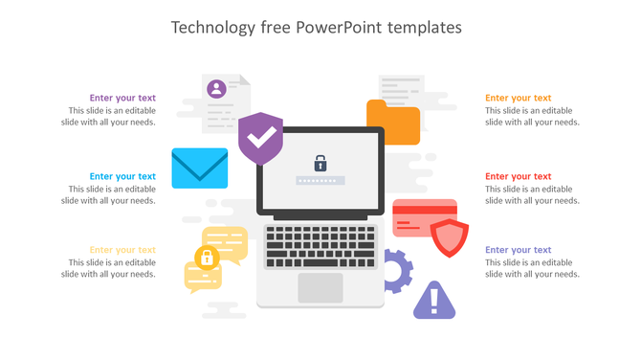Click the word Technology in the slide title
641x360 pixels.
pyautogui.click(x=212, y=28)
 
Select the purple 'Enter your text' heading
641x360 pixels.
pyautogui.click(x=122, y=98)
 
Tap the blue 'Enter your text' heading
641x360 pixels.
pyautogui.click(x=122, y=176)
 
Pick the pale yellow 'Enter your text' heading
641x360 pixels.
pyautogui.click(x=122, y=250)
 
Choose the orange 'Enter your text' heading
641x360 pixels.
pyautogui.click(x=518, y=98)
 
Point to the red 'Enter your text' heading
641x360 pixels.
pyautogui.click(x=518, y=176)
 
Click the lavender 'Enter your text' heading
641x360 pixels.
pyautogui.click(x=518, y=250)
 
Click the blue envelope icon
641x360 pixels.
pyautogui.click(x=199, y=168)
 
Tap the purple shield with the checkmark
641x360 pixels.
pyautogui.click(x=260, y=139)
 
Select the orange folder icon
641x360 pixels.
pyautogui.click(x=393, y=123)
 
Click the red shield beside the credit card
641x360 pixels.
pyautogui.click(x=448, y=237)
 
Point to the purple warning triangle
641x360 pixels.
pyautogui.click(x=433, y=301)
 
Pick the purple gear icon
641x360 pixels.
pyautogui.click(x=395, y=271)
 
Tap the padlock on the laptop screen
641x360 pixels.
pyautogui.click(x=320, y=163)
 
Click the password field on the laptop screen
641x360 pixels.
pyautogui.click(x=317, y=180)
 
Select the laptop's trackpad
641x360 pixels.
pyautogui.click(x=320, y=287)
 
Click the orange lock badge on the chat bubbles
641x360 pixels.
pyautogui.click(x=205, y=257)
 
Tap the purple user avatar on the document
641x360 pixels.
pyautogui.click(x=217, y=89)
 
